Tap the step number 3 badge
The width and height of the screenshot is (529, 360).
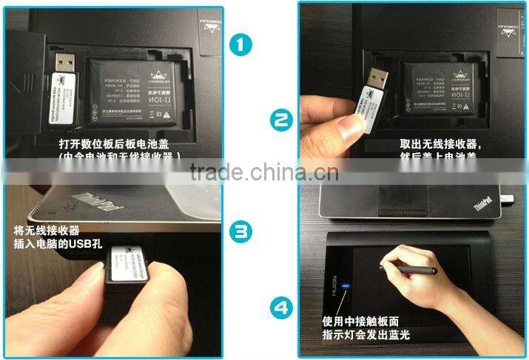pyautogui.click(x=241, y=232)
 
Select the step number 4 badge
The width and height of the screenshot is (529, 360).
pyautogui.click(x=279, y=307)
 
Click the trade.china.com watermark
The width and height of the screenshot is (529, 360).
pyautogui.click(x=264, y=174)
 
